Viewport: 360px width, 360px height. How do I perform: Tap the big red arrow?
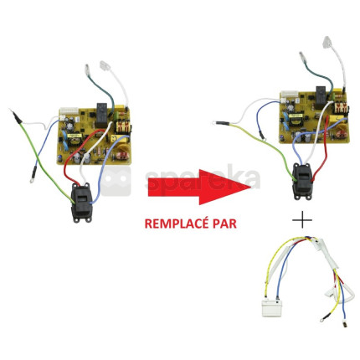click(x=199, y=187)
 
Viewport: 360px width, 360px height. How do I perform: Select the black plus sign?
click(x=302, y=220)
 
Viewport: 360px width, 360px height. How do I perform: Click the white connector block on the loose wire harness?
click(x=272, y=308)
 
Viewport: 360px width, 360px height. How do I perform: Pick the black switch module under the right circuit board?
click(x=303, y=182)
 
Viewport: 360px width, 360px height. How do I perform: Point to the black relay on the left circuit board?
click(x=103, y=116)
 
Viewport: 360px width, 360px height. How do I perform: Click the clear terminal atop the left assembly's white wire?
click(x=105, y=67)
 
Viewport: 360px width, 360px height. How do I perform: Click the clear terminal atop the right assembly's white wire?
click(x=330, y=43)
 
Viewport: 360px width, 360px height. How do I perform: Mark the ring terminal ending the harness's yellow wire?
click(x=324, y=318)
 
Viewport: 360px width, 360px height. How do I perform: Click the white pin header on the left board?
click(x=69, y=111)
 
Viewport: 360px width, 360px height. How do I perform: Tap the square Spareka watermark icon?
click(x=116, y=182)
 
